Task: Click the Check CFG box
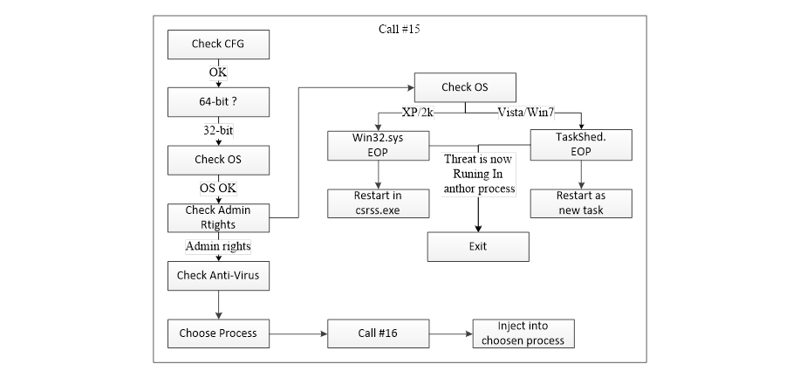(x=218, y=44)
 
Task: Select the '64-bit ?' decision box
(x=218, y=101)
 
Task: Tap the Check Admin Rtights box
(x=218, y=217)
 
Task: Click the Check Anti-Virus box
(x=218, y=276)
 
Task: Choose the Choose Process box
(x=218, y=333)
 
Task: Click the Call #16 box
(x=378, y=333)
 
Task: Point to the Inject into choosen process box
(x=523, y=333)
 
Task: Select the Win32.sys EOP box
(x=377, y=145)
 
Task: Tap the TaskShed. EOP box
(x=581, y=145)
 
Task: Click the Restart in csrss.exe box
(x=377, y=203)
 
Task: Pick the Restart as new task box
(x=581, y=203)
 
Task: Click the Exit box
(x=477, y=246)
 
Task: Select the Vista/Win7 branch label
(x=526, y=113)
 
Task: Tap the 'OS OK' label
(x=218, y=189)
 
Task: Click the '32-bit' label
(x=218, y=130)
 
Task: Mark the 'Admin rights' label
(x=218, y=246)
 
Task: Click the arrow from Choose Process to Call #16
(x=297, y=333)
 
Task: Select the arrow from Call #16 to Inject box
(x=450, y=333)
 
